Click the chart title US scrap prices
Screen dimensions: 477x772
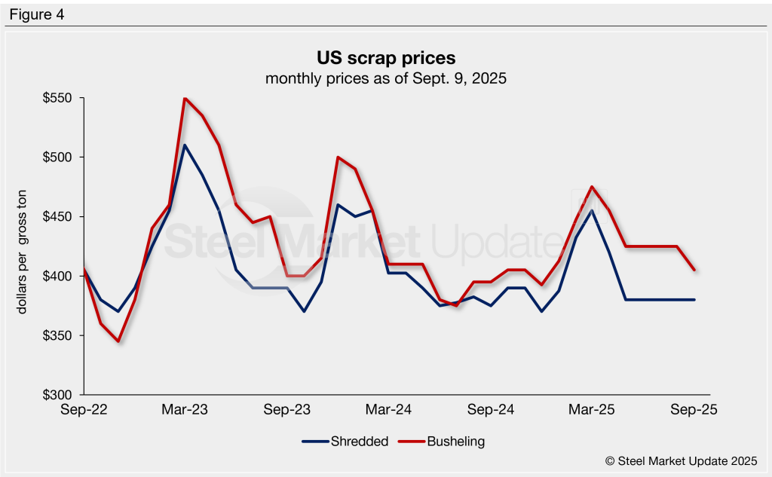point(385,58)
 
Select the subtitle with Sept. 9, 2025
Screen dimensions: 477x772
point(385,78)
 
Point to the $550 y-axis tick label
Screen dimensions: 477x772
point(58,99)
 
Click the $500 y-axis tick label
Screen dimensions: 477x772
point(58,157)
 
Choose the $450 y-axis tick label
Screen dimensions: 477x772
point(58,217)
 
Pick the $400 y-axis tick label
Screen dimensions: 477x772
point(58,277)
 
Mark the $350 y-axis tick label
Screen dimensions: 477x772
point(58,335)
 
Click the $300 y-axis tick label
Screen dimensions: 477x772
point(58,395)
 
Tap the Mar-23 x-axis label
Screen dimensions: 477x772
point(185,410)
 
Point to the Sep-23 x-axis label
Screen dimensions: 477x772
point(287,410)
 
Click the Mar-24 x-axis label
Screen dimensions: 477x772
point(389,410)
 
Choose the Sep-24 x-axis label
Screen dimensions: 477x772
point(491,410)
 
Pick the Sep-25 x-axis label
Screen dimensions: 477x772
point(694,410)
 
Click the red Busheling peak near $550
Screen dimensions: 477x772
point(185,99)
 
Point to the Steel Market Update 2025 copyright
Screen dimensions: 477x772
point(681,460)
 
